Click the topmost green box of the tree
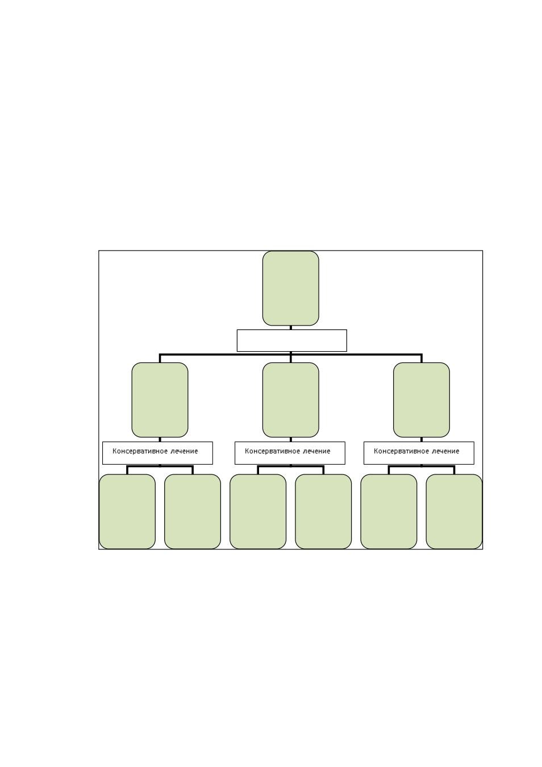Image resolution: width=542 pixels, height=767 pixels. [x=290, y=288]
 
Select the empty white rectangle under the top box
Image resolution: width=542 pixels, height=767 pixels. [x=291, y=340]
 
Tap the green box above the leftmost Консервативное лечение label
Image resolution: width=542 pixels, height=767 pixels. [x=160, y=399]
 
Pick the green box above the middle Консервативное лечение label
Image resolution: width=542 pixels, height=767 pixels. [x=290, y=399]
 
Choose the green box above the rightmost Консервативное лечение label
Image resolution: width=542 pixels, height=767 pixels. [x=421, y=399]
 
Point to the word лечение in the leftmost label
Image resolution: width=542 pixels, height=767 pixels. [x=184, y=451]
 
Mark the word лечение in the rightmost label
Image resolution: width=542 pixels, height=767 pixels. [x=445, y=451]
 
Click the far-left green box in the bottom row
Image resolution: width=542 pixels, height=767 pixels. [x=127, y=511]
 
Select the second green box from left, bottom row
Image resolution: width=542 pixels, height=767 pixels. [x=193, y=511]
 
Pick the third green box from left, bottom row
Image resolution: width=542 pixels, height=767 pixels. [x=258, y=511]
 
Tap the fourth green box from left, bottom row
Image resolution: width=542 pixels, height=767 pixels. [x=323, y=511]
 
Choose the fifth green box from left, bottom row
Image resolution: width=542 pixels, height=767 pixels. [x=389, y=511]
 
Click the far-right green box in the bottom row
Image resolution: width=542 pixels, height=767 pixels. [x=454, y=511]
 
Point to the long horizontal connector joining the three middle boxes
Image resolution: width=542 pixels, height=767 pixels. [x=290, y=355]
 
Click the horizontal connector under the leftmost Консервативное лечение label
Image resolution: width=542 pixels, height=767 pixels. [x=160, y=466]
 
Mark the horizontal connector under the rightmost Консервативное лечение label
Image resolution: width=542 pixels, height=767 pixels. [x=421, y=466]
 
